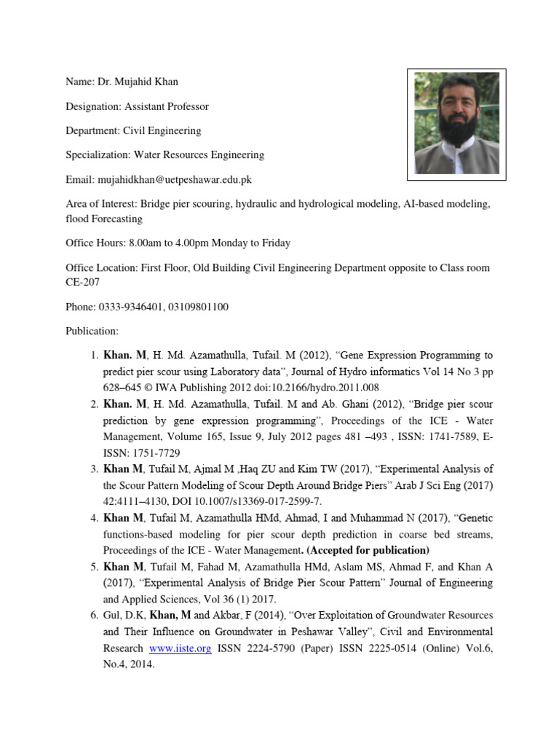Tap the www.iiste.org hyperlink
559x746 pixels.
180,648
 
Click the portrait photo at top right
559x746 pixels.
456,123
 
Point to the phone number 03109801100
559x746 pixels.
198,307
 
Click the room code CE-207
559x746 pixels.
84,283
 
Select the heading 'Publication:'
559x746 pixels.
92,331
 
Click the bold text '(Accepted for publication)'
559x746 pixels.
368,550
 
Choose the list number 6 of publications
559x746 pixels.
94,616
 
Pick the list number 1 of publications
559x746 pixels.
94,356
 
